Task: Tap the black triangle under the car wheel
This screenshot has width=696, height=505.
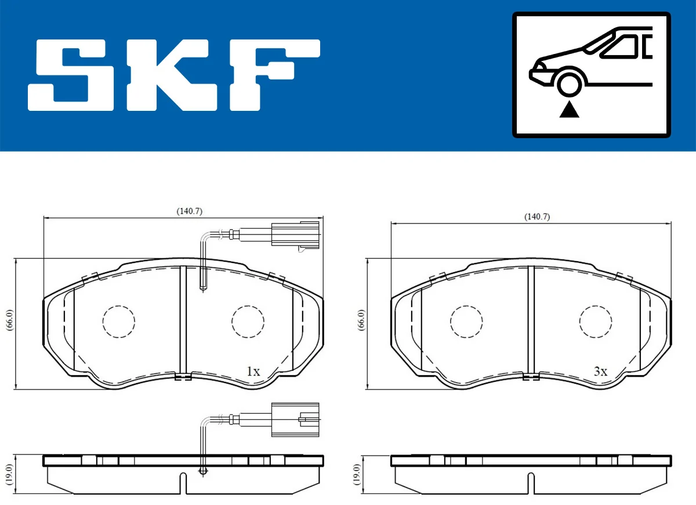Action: point(570,109)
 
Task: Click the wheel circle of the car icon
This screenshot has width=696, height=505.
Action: point(570,84)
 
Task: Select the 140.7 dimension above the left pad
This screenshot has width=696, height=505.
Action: point(189,212)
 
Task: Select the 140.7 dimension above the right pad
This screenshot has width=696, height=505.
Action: point(536,217)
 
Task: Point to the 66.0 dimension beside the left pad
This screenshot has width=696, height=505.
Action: point(9,320)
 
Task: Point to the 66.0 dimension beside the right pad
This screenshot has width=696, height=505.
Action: point(361,320)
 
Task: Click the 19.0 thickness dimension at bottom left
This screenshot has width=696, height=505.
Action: point(9,474)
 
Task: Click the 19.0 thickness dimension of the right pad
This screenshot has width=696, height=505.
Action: point(356,474)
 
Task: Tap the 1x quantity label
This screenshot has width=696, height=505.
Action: point(253,371)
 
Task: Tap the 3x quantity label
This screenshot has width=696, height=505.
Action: point(600,371)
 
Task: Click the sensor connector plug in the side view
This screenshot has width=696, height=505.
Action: point(295,417)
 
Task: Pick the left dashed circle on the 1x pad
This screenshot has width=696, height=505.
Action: point(118,321)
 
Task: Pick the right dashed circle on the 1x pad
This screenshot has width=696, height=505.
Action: point(248,321)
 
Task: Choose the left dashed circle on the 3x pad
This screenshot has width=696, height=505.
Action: point(466,321)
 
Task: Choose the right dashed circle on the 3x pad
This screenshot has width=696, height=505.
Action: point(596,321)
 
